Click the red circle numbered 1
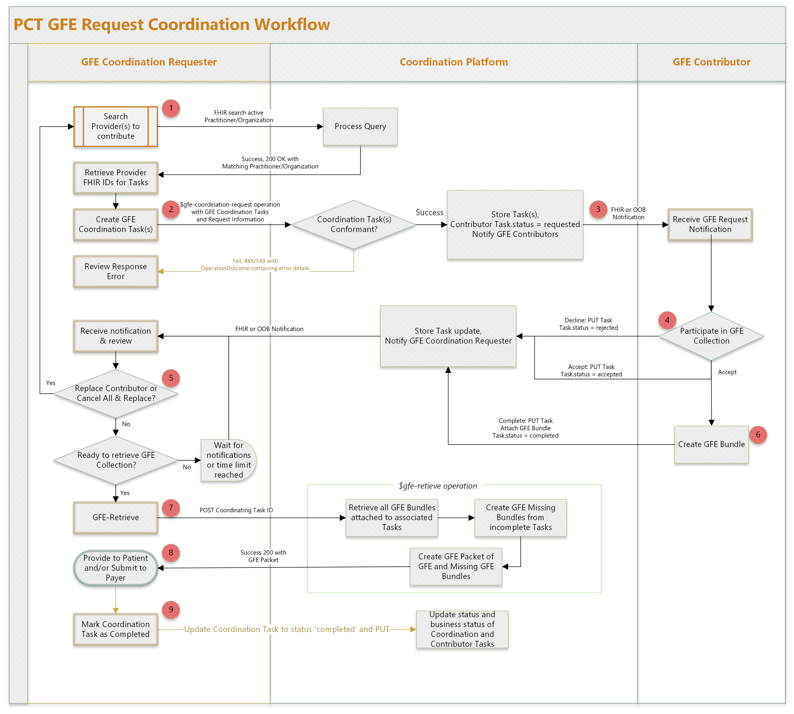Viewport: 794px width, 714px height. click(171, 108)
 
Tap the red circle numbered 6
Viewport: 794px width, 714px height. click(758, 435)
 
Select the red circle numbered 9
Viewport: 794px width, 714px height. click(171, 609)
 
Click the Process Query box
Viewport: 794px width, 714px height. click(360, 126)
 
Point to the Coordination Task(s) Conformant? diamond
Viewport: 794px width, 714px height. click(354, 224)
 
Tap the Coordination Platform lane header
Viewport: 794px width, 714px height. click(453, 62)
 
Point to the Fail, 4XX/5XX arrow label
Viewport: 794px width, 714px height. click(255, 265)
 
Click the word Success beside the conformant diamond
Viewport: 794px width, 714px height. click(429, 213)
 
